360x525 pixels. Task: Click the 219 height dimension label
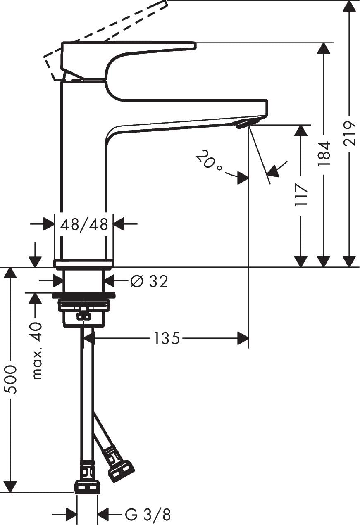[350, 133]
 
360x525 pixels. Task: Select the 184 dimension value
[324, 154]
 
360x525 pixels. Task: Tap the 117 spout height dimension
[301, 195]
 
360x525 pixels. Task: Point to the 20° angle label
[209, 161]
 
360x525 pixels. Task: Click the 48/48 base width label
[84, 225]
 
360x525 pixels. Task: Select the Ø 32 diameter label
[149, 281]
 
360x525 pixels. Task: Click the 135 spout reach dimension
[167, 339]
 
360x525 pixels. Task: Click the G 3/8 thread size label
[148, 515]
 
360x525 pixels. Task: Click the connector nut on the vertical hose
[87, 486]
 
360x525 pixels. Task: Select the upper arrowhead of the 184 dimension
[324, 49]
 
